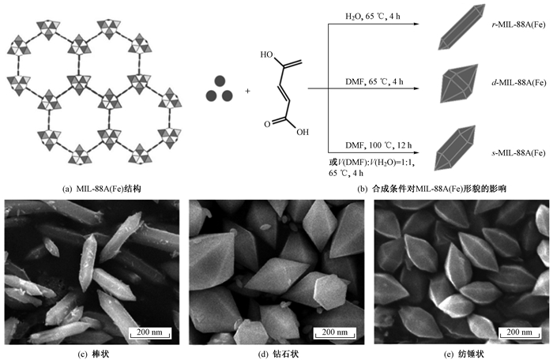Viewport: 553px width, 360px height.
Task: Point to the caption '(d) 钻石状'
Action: tap(277, 353)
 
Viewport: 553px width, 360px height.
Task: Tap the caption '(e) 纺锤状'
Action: tap(462, 353)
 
